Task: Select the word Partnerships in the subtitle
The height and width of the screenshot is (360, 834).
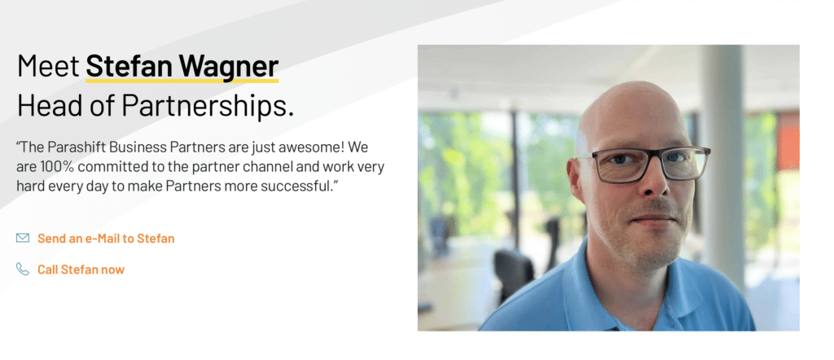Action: tap(208, 106)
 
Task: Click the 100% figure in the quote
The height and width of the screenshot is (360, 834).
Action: tap(58, 167)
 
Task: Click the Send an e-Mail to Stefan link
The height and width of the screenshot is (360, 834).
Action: tap(106, 239)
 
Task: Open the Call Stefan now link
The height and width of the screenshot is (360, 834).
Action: tap(81, 270)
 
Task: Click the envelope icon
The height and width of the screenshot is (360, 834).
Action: tap(23, 239)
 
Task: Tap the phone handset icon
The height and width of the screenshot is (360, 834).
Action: tap(23, 270)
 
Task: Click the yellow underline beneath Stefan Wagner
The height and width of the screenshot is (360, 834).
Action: tap(182, 81)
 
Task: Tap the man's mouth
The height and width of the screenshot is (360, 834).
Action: tap(652, 221)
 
